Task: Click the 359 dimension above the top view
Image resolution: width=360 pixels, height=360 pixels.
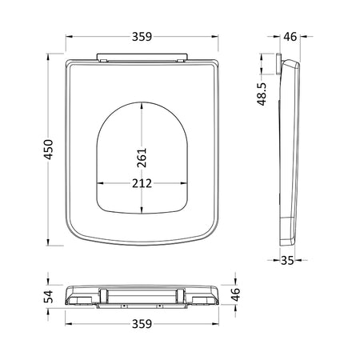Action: point(142,37)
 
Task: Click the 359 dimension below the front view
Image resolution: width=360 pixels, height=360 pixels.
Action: point(142,324)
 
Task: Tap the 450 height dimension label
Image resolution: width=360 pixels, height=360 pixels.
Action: point(49,150)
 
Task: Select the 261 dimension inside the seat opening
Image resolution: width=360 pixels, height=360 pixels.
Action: point(142,158)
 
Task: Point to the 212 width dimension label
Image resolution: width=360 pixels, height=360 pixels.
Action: point(142,183)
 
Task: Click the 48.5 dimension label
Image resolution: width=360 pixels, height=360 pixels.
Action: point(262,94)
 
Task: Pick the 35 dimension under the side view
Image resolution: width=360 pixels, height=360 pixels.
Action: point(287,260)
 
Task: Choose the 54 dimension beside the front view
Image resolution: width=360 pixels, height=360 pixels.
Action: point(48,297)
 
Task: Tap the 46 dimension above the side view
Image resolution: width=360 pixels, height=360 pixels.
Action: point(290,37)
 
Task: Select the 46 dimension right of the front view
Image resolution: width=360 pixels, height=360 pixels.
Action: point(236,294)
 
